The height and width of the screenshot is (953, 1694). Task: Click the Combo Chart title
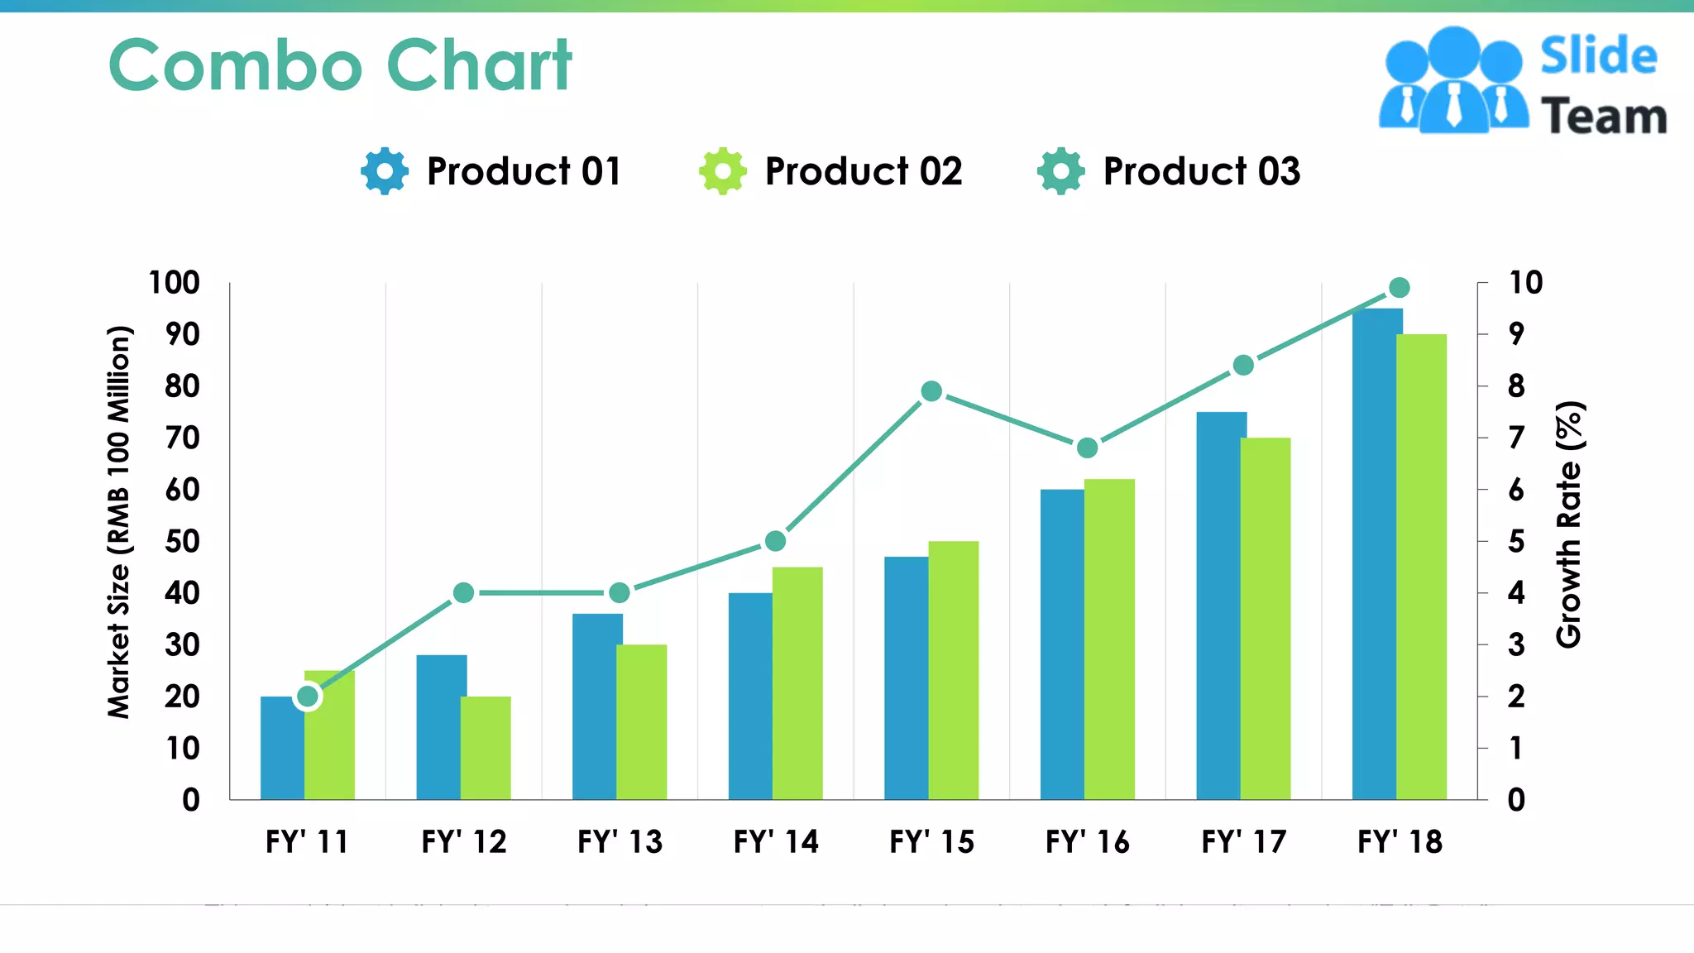[x=340, y=65]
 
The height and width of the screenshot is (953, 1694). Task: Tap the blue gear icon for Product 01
[x=385, y=171]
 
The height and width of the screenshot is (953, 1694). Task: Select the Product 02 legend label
[x=863, y=171]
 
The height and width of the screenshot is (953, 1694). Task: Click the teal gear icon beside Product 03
[x=1060, y=171]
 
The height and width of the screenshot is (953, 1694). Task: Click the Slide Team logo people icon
[x=1453, y=81]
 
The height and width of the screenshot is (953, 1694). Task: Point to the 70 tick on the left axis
[x=182, y=438]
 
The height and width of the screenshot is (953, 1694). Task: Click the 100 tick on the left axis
[x=174, y=283]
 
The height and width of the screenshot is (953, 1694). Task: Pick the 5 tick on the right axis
[x=1516, y=542]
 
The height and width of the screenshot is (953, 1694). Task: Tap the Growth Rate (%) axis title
[x=1569, y=524]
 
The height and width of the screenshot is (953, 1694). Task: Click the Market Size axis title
[x=119, y=523]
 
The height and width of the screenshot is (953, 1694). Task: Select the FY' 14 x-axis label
[x=776, y=842]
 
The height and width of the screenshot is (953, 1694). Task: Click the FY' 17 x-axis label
[x=1243, y=842]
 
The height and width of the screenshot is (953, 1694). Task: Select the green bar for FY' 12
[x=486, y=748]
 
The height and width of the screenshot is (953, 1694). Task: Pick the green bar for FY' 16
[x=1110, y=639]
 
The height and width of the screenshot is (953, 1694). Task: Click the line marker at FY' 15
[x=931, y=391]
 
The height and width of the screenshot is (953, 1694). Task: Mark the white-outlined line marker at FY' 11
[x=308, y=697]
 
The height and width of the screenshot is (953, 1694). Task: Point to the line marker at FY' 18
[x=1400, y=288]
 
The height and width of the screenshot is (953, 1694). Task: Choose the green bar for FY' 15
[x=954, y=670]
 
